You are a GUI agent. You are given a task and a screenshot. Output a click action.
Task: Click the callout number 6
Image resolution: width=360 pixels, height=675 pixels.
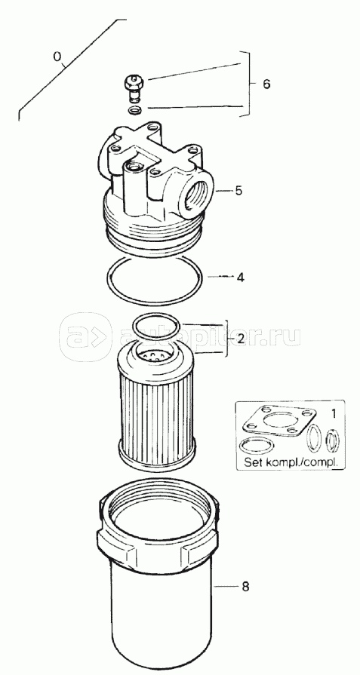[x=266, y=84]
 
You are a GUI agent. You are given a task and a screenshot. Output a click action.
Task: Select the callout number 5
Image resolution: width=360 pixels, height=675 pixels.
[x=239, y=190]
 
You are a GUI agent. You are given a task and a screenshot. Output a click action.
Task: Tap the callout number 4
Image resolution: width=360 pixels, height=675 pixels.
[x=240, y=278]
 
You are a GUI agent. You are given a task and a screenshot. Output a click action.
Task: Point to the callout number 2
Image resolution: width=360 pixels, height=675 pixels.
[x=241, y=339]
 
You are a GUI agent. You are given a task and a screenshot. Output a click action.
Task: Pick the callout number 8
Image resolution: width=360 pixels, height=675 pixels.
[x=245, y=587]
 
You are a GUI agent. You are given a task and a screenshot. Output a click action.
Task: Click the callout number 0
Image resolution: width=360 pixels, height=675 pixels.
[x=57, y=57]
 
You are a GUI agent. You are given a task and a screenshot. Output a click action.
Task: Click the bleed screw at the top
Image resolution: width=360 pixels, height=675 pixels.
[x=134, y=88]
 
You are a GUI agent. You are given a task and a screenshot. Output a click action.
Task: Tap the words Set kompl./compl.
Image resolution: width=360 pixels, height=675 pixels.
[x=289, y=463]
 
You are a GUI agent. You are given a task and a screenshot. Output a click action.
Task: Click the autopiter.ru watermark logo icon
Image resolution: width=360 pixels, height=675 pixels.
[x=85, y=337]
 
